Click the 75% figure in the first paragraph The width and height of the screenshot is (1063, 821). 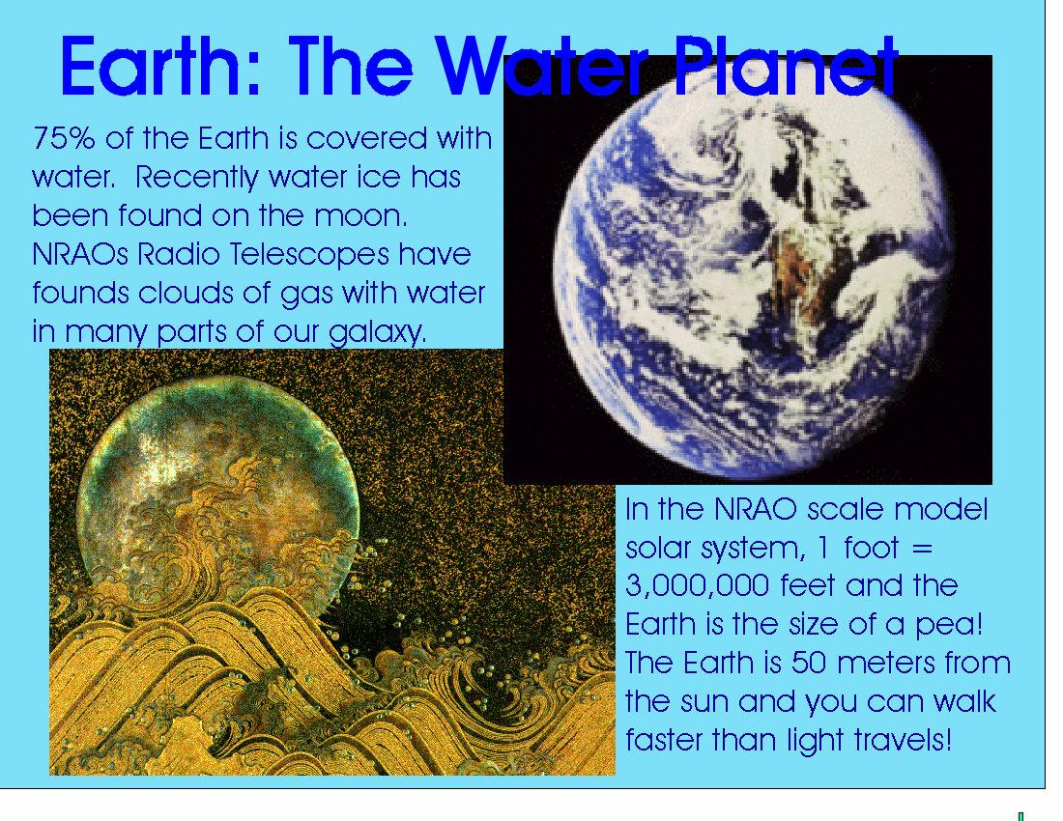click(x=64, y=138)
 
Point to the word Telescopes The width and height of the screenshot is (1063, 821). click(x=310, y=255)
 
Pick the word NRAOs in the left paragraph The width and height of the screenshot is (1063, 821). click(x=80, y=255)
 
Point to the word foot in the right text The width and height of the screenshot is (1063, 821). click(x=871, y=548)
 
